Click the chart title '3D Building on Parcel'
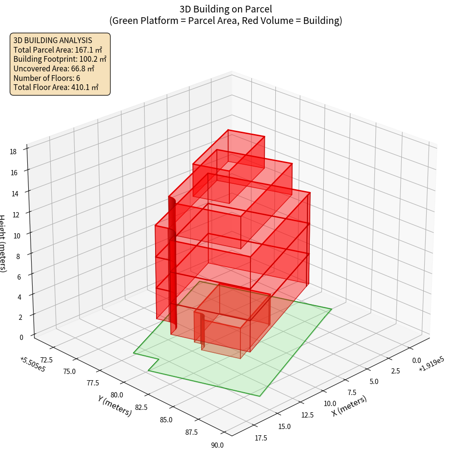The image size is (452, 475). (x=226, y=9)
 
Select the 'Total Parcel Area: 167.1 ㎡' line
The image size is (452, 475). (x=57, y=50)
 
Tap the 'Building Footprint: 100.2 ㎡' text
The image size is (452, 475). (x=60, y=59)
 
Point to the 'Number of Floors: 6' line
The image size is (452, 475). (x=47, y=78)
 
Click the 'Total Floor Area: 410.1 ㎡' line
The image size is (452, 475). (x=56, y=87)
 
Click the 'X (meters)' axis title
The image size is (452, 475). (x=349, y=405)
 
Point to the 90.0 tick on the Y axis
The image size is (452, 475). (x=217, y=445)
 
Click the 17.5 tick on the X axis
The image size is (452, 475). (x=261, y=438)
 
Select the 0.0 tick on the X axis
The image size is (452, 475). (x=416, y=361)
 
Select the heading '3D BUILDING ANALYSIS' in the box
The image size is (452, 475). (x=53, y=40)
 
